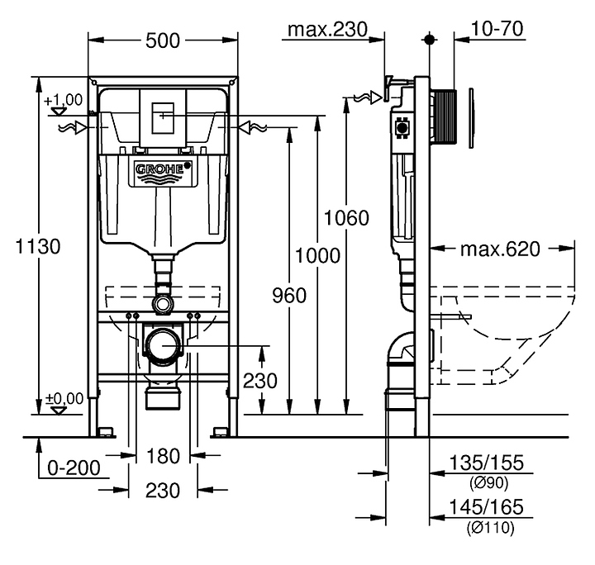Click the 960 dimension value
288,295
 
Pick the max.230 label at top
326,30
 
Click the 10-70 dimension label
496,30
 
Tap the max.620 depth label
499,249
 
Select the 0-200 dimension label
74,468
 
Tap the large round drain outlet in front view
164,344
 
